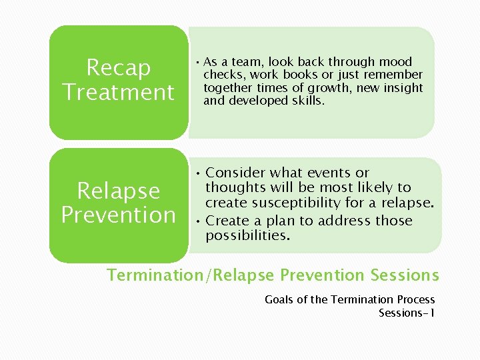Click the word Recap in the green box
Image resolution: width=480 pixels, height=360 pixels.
tap(119, 67)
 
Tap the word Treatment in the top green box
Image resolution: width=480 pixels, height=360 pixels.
tap(119, 91)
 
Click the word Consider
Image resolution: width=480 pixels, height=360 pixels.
tap(235, 173)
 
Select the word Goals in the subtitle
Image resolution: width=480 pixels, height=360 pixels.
tap(279, 299)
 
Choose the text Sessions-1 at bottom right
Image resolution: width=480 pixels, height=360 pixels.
tap(407, 313)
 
